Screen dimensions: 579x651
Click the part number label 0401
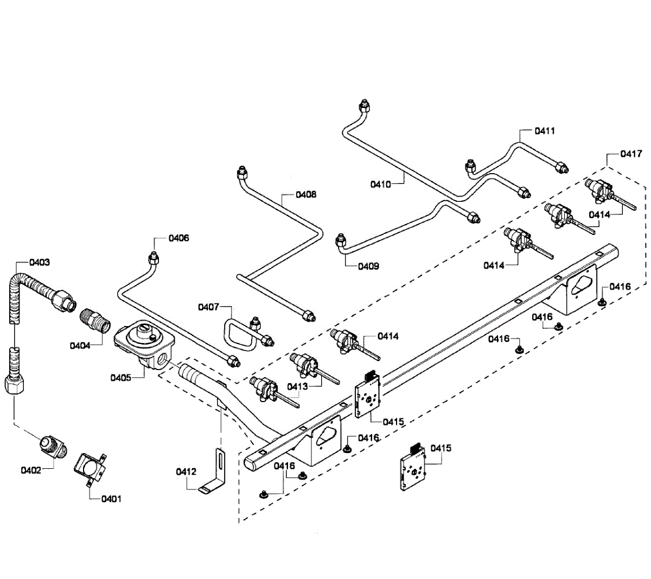coord(111,499)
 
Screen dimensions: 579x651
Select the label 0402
coord(31,470)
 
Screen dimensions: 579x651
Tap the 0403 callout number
coord(40,262)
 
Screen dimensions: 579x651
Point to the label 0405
coord(120,378)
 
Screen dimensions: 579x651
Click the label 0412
coord(186,472)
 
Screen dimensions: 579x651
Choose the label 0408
coord(306,194)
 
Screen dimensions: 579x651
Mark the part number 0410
coord(381,184)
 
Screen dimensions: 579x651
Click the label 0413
coord(298,386)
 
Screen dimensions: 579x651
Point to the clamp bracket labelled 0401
coord(90,467)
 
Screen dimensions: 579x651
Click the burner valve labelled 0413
coord(305,365)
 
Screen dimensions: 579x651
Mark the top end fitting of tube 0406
coord(154,256)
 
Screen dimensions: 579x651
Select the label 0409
coord(368,266)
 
